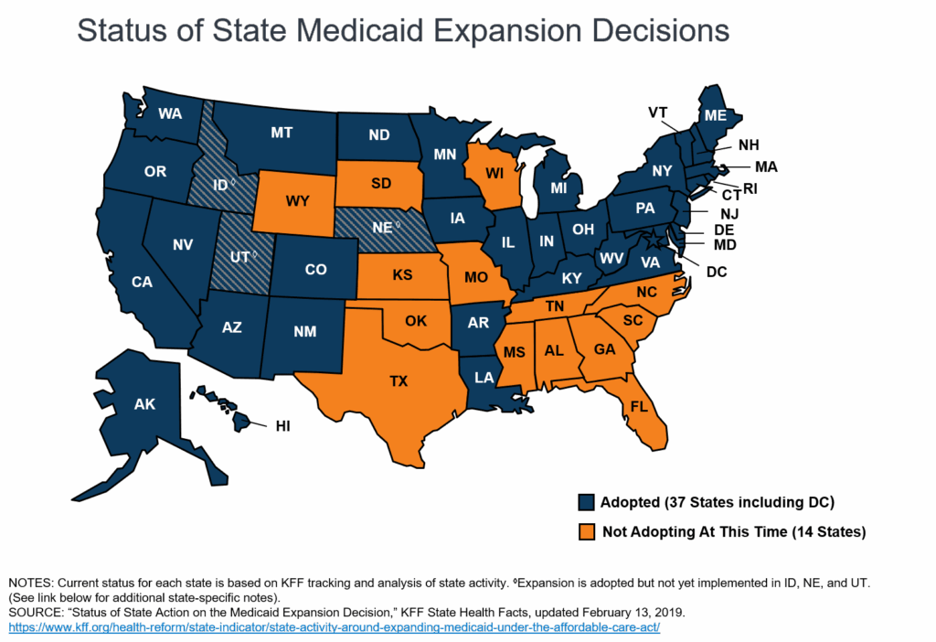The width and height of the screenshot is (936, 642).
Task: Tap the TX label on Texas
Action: click(399, 382)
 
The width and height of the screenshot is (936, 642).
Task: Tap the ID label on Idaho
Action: click(220, 186)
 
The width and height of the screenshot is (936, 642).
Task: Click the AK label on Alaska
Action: click(144, 403)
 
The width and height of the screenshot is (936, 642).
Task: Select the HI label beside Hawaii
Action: click(283, 425)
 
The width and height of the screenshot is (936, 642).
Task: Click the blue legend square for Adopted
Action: click(587, 503)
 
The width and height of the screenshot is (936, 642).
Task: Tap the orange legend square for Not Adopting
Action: click(587, 531)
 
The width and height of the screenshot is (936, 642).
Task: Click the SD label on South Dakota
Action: click(381, 183)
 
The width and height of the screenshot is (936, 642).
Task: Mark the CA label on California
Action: click(142, 282)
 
